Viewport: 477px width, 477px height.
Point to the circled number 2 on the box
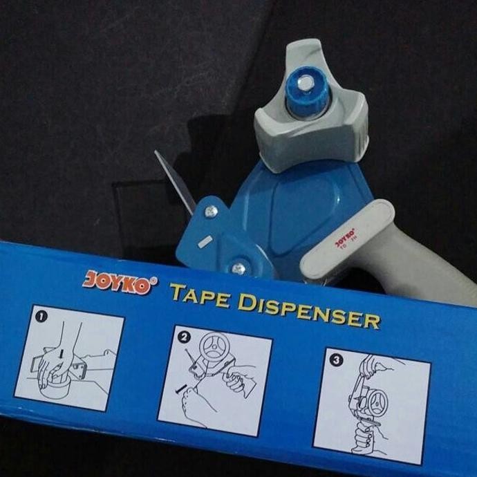click(x=185, y=338)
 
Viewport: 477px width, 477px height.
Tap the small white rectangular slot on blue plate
click(x=205, y=241)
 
